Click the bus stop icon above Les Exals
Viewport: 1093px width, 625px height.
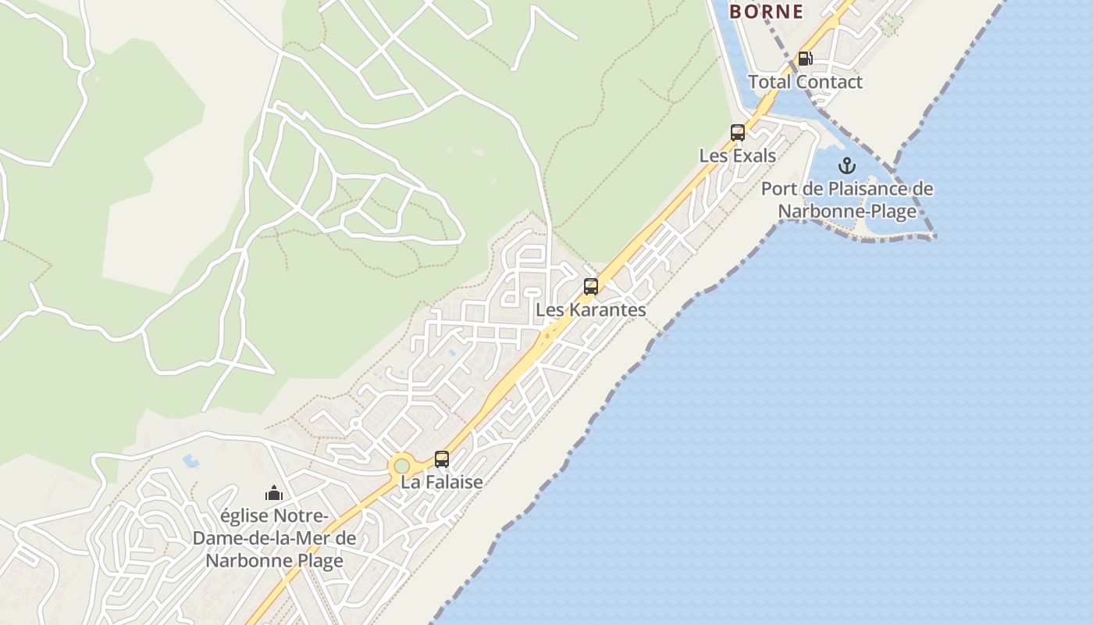tap(738, 133)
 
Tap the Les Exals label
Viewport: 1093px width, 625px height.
tap(737, 155)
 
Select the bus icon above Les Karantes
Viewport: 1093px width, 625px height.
tap(591, 287)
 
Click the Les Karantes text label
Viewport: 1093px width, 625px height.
tap(590, 309)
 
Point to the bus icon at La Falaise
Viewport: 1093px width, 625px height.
tap(442, 459)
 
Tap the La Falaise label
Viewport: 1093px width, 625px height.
tap(441, 482)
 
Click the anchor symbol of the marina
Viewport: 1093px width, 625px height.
tap(847, 166)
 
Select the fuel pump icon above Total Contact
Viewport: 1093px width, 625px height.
tap(805, 59)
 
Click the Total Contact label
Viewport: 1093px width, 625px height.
tap(805, 82)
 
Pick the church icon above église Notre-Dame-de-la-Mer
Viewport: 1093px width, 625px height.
tap(273, 493)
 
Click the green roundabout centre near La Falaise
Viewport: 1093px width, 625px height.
tap(401, 466)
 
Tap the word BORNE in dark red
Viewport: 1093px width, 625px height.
tap(766, 12)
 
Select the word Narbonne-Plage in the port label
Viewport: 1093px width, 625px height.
tap(847, 211)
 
